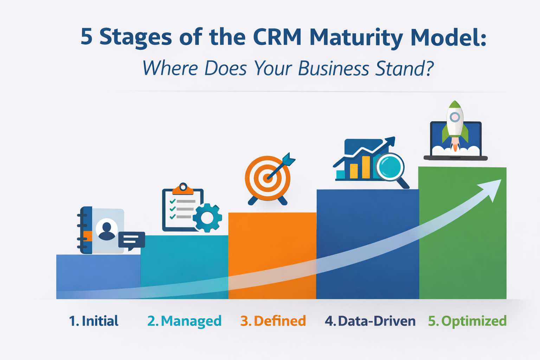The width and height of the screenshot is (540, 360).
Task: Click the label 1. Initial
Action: (x=94, y=321)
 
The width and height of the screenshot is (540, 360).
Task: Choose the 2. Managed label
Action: (x=184, y=321)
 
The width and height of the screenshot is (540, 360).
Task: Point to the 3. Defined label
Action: (x=273, y=321)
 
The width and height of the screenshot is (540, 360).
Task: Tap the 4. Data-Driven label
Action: (x=370, y=321)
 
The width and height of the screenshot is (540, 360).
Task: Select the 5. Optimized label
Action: (x=467, y=321)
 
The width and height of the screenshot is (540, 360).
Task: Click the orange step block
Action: (x=272, y=246)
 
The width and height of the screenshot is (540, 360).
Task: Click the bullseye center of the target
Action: (x=268, y=178)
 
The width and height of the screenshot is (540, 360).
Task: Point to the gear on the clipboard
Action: (x=207, y=218)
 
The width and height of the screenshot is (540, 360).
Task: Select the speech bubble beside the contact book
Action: (x=131, y=240)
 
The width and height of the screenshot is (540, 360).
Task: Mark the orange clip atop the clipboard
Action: (x=183, y=189)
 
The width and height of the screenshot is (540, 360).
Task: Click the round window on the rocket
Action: (x=455, y=117)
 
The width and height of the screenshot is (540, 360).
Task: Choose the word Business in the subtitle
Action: (x=333, y=69)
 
